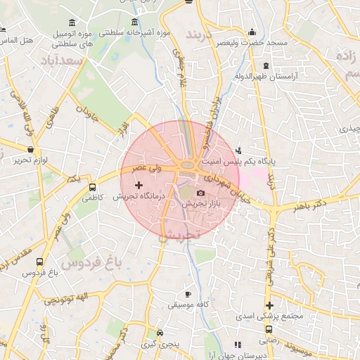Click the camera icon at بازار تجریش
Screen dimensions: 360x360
(200, 193)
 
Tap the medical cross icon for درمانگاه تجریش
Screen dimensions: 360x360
(138, 185)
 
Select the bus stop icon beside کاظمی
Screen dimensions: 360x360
(92, 187)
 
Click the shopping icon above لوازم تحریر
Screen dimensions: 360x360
(30, 150)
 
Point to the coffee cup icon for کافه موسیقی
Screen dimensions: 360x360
(188, 294)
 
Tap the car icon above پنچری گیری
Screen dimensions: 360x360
(160, 333)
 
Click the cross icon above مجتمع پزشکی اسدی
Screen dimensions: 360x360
(269, 304)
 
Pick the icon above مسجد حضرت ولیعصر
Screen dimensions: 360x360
(252, 32)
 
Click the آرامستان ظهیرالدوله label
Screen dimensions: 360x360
(266, 75)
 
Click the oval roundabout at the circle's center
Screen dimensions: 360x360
(188, 166)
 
